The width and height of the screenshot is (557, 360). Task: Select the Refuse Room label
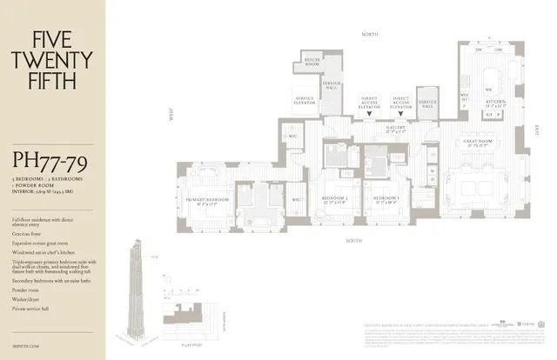click(312, 62)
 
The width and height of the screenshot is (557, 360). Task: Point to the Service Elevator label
click(305, 100)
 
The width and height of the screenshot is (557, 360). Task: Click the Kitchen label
click(496, 103)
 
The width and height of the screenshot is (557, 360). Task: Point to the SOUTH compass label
click(353, 240)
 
